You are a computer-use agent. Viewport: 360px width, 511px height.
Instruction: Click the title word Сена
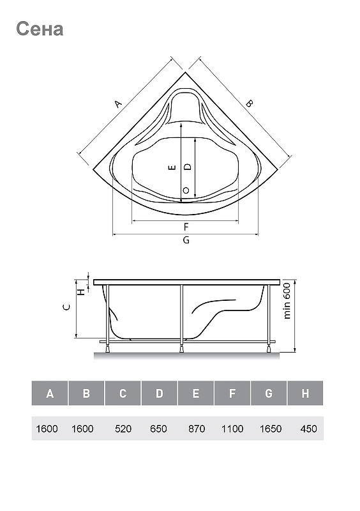click(x=40, y=29)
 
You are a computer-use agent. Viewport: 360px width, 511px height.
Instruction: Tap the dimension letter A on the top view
click(x=118, y=104)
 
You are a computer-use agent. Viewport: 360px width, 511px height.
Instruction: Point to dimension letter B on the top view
click(x=249, y=103)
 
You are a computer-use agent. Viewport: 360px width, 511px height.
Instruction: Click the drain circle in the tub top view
click(x=186, y=190)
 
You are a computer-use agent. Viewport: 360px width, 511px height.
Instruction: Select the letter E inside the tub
click(x=173, y=167)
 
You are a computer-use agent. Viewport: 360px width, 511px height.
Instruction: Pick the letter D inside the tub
click(x=188, y=167)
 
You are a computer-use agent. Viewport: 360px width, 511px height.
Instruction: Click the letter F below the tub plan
click(x=186, y=227)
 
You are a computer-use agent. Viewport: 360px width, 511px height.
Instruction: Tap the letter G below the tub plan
click(x=186, y=240)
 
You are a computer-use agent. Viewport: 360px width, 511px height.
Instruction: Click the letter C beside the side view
click(x=66, y=307)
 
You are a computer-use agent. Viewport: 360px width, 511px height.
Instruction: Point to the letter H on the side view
click(x=82, y=291)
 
